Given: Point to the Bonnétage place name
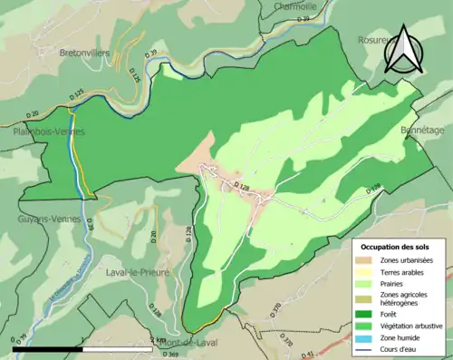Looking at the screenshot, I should click(x=423, y=131).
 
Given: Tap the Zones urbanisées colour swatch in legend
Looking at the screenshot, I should click(x=368, y=261).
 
